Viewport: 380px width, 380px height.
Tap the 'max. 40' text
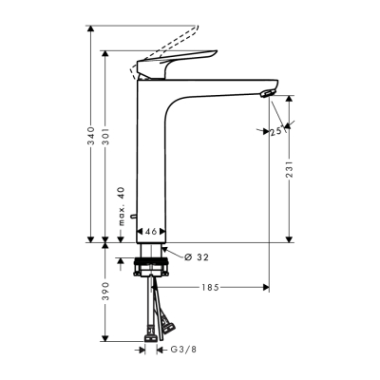point(122,207)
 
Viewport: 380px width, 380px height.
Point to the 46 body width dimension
point(150,230)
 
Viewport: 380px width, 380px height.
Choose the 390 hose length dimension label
point(104,292)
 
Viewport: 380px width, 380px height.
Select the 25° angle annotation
point(276,132)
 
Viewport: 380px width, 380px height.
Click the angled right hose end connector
point(169,328)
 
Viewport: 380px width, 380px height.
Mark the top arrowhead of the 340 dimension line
point(91,29)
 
